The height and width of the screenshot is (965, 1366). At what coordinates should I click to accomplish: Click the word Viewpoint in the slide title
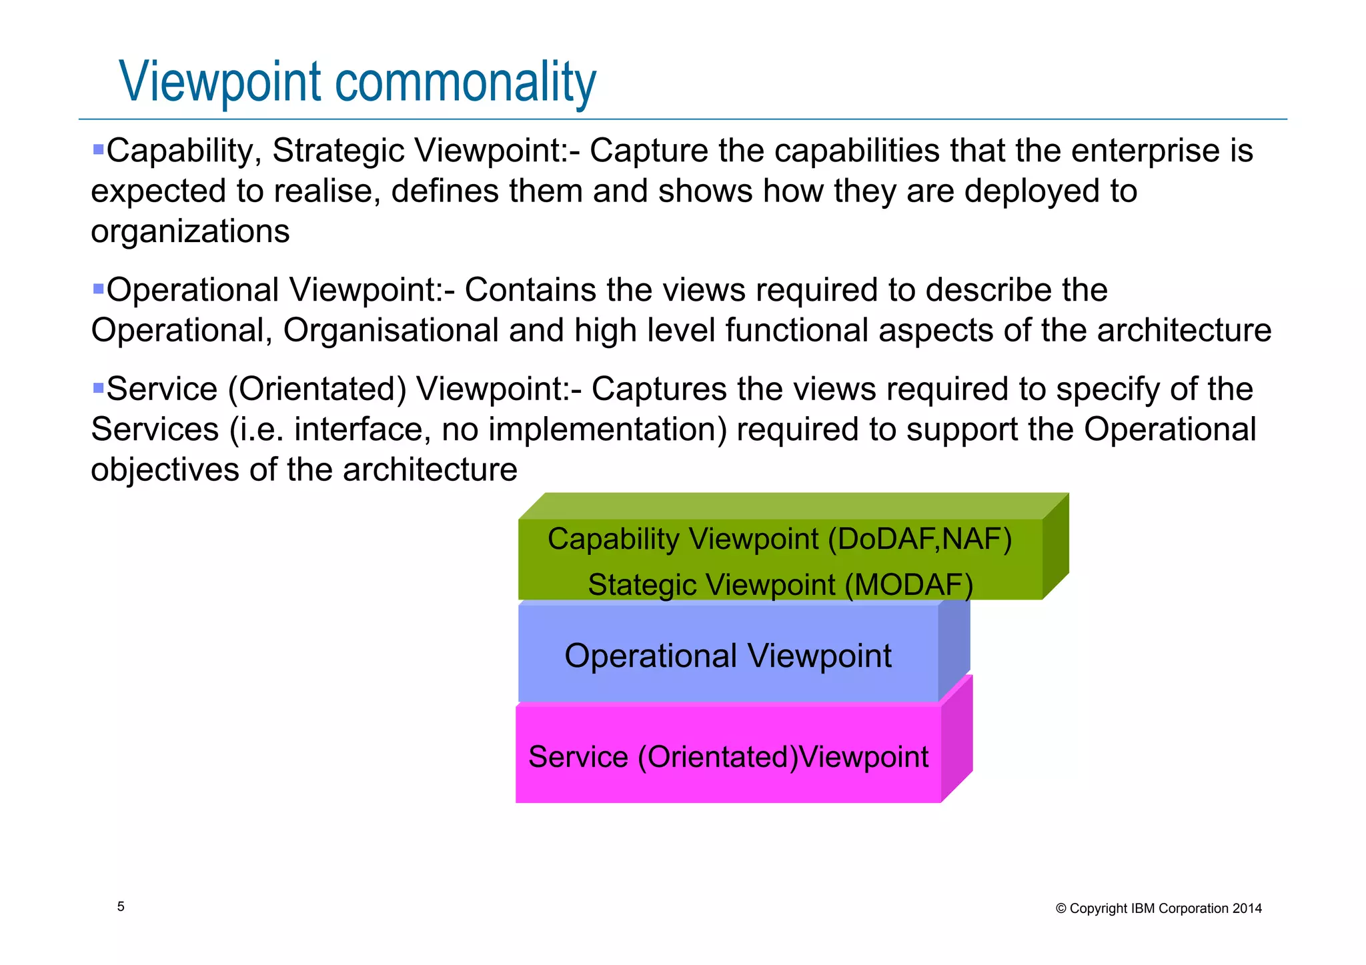tap(221, 83)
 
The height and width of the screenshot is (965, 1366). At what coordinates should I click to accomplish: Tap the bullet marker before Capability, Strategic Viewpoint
tap(98, 149)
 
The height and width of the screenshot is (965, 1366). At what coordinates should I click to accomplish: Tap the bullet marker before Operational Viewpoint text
tap(98, 289)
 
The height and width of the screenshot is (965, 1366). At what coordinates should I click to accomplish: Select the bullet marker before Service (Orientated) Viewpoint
tap(98, 387)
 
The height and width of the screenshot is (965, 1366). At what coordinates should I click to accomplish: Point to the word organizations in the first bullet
tap(190, 231)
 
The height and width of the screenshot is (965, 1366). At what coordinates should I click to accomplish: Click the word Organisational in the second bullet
tap(391, 330)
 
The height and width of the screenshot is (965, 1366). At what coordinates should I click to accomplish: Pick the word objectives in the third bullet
tap(164, 469)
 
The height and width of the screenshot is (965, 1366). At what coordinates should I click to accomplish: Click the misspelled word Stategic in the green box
tap(642, 585)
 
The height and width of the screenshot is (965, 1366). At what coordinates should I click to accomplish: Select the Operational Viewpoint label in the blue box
tap(728, 656)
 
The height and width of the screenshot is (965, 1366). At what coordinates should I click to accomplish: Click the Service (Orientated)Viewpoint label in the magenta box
tap(728, 757)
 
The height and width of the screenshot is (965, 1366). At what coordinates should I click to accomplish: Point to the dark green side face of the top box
tap(1056, 547)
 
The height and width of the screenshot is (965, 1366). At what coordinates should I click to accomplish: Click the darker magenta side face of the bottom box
tap(956, 740)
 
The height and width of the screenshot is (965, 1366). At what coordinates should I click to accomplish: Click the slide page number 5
tap(121, 906)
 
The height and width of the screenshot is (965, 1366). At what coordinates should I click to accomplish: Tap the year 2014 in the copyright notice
tap(1247, 908)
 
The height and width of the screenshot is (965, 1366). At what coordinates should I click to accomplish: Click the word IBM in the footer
tap(1143, 908)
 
